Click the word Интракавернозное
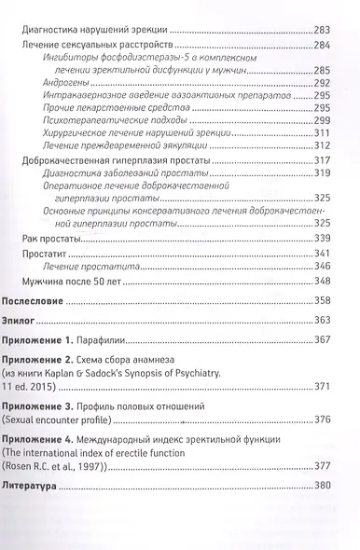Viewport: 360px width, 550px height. coord(84,95)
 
